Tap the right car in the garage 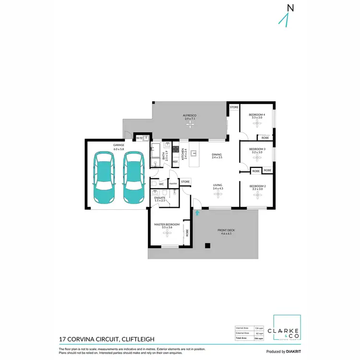(x=133, y=177)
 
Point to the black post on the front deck (x=207, y=246)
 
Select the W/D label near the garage (x=140, y=138)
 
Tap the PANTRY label (x=173, y=183)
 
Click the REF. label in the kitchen (x=175, y=162)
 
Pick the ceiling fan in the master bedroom (x=167, y=233)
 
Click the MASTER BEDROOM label (x=167, y=224)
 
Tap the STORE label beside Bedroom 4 (x=234, y=107)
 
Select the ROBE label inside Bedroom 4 (x=265, y=138)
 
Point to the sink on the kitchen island (x=193, y=154)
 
